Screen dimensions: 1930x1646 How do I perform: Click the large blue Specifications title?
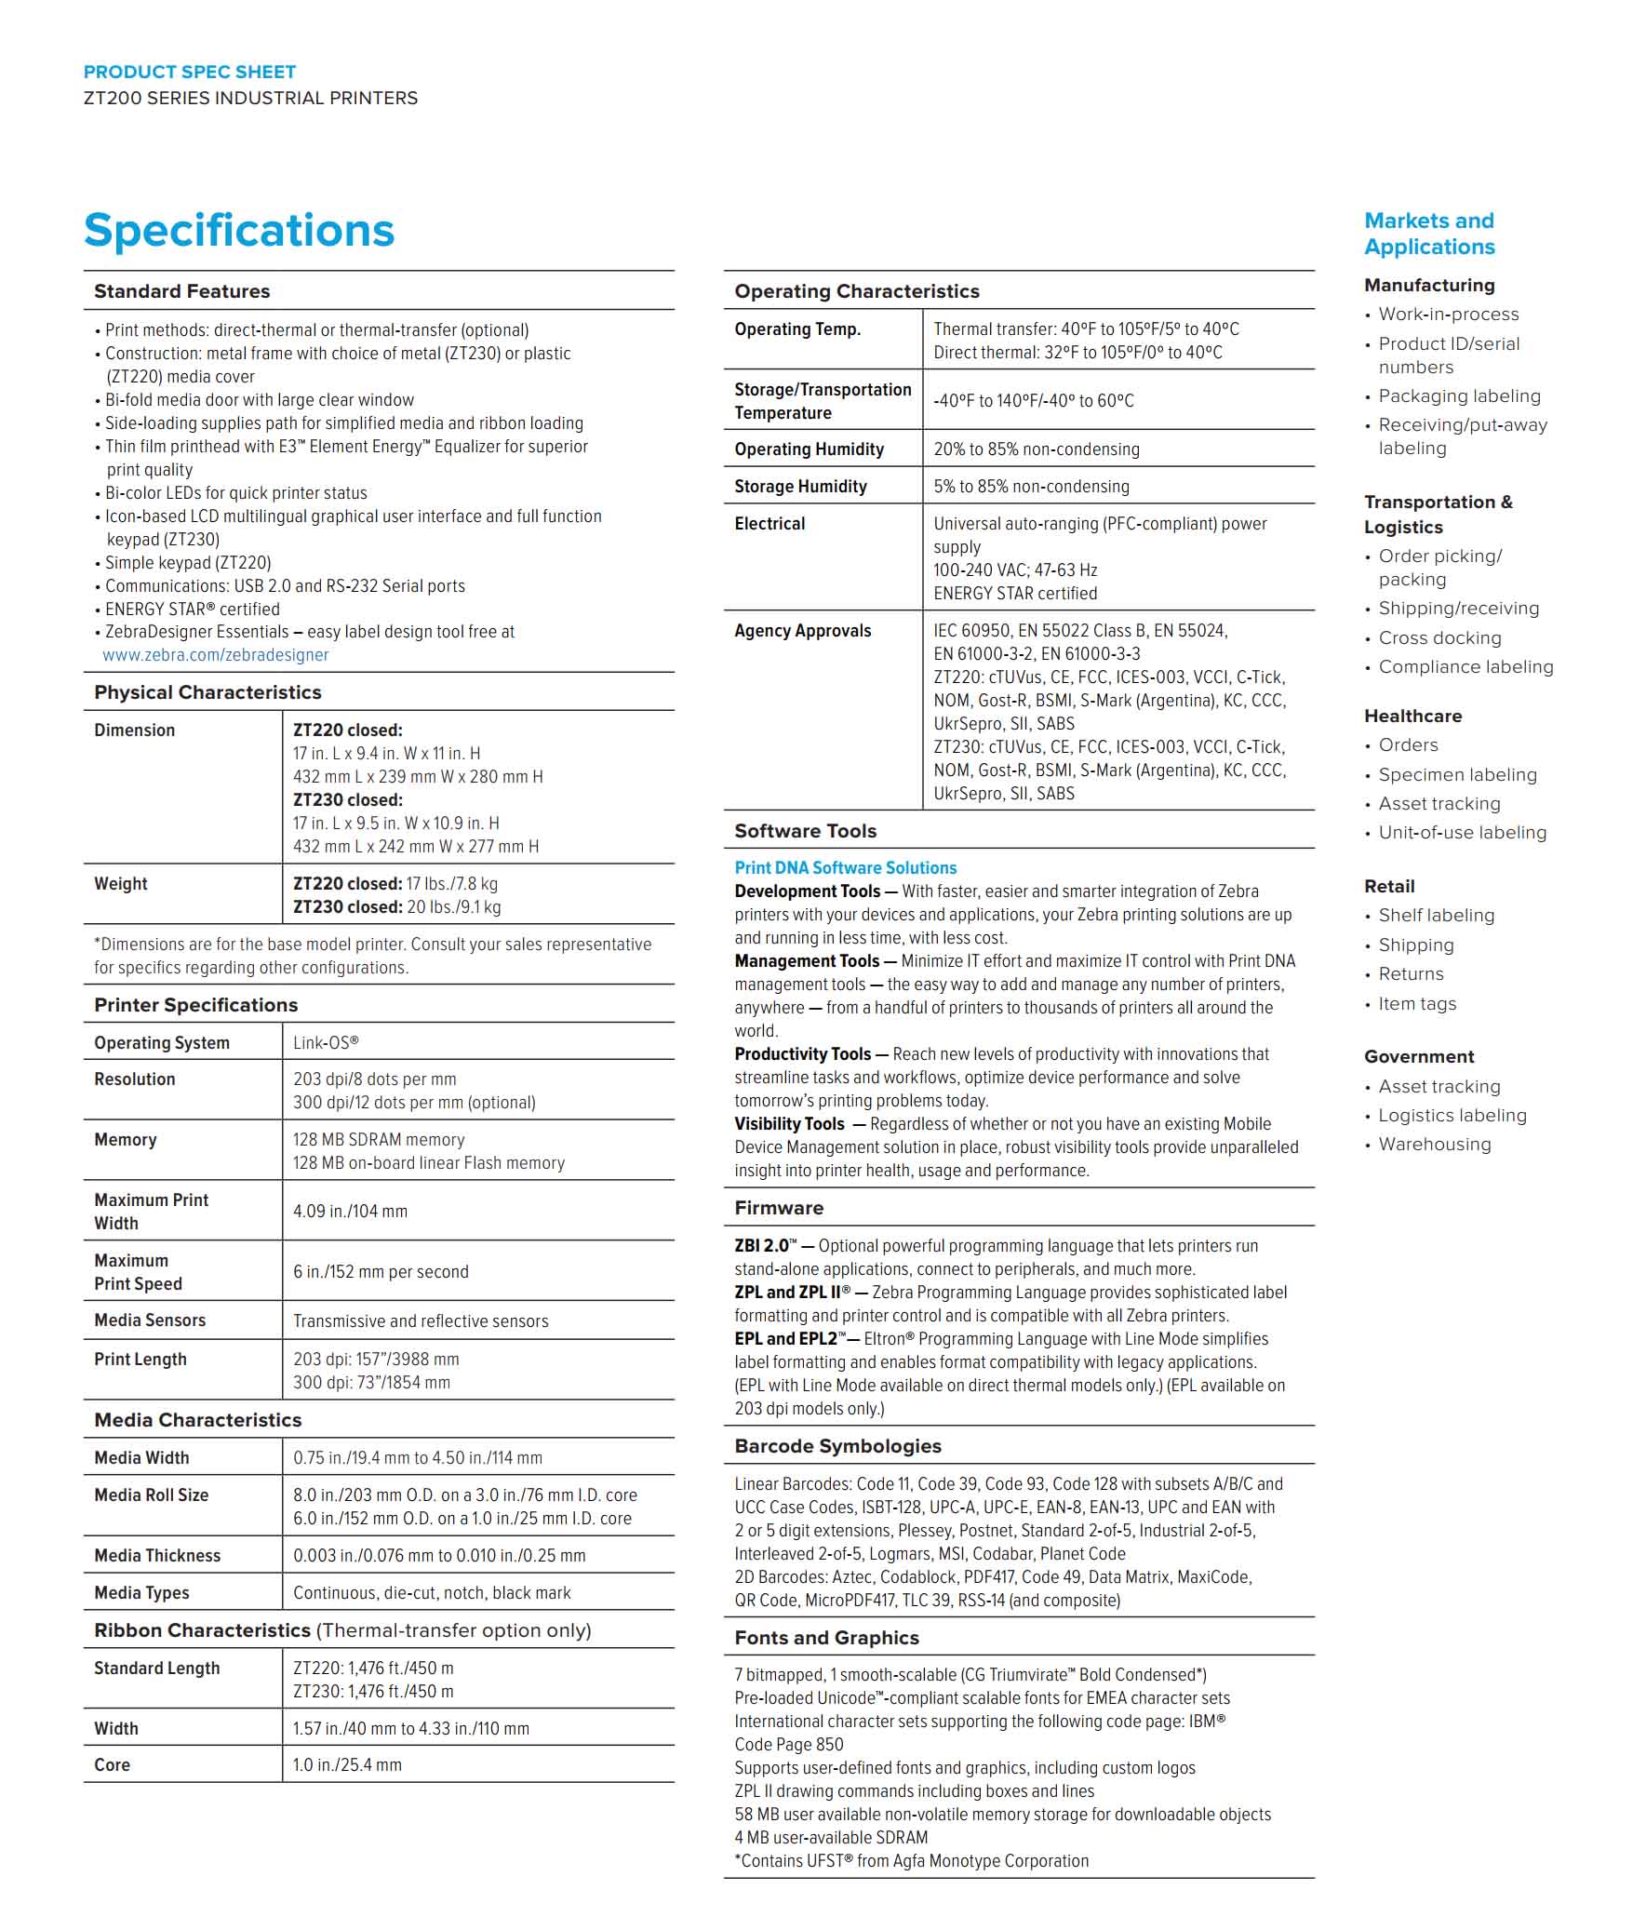[238, 230]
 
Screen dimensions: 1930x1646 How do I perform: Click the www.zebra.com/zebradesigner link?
[215, 655]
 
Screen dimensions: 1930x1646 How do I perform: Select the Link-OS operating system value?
[325, 1042]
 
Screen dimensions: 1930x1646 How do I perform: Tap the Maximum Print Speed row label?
[138, 1271]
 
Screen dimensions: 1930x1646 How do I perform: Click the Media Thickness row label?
[156, 1555]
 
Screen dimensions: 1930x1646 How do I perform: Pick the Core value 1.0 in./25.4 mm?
[347, 1764]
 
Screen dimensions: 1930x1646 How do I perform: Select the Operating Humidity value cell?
[1036, 449]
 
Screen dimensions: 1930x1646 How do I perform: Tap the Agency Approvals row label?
[802, 631]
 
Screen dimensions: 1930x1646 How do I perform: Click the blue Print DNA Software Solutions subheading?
[845, 867]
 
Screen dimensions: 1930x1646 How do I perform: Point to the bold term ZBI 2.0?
[763, 1245]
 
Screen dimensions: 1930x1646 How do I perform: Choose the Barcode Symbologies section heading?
[837, 1445]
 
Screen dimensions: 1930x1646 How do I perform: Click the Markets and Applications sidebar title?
[1429, 234]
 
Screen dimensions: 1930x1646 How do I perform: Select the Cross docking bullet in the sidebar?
[1439, 638]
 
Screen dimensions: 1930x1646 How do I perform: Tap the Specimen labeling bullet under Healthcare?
[1457, 774]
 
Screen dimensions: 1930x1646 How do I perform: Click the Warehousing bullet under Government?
[1435, 1144]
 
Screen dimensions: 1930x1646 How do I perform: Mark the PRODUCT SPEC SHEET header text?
[189, 72]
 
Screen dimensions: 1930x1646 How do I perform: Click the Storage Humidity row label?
[800, 487]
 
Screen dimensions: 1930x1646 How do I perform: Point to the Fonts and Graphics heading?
[826, 1637]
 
